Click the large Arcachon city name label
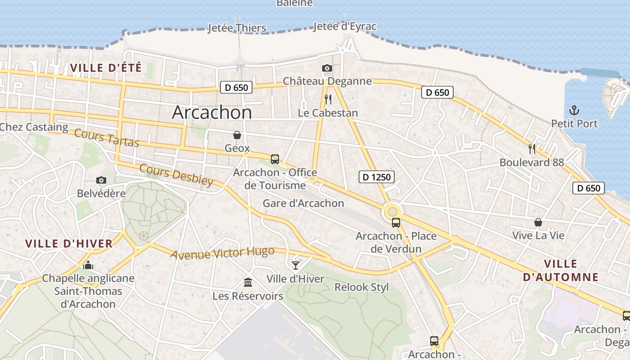[x=212, y=112]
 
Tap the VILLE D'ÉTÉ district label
[x=106, y=68]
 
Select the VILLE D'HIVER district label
[x=69, y=244]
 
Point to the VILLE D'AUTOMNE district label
[x=561, y=270]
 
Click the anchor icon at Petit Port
[x=574, y=110]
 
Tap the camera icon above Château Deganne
[x=327, y=68]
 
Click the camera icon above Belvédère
[x=101, y=180]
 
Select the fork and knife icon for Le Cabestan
[x=328, y=99]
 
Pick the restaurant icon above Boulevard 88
[x=531, y=148]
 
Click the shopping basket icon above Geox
[x=237, y=135]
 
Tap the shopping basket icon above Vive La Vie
[x=538, y=222]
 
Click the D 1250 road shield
[x=377, y=177]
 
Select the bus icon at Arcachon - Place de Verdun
[x=396, y=222]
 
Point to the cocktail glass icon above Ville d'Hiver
[x=295, y=265]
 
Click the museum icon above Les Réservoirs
[x=247, y=283]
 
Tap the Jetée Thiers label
[x=237, y=28]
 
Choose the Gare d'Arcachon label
[x=303, y=203]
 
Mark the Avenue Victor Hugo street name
[x=222, y=253]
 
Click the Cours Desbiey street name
[x=176, y=175]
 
